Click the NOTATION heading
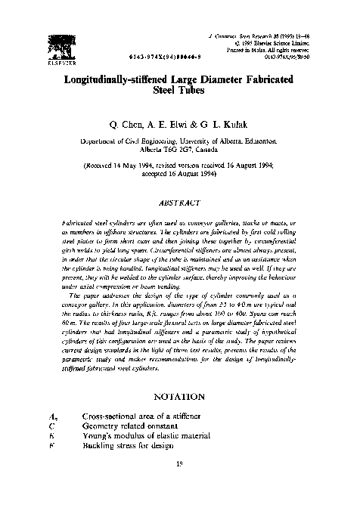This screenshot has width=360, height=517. tap(179, 395)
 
